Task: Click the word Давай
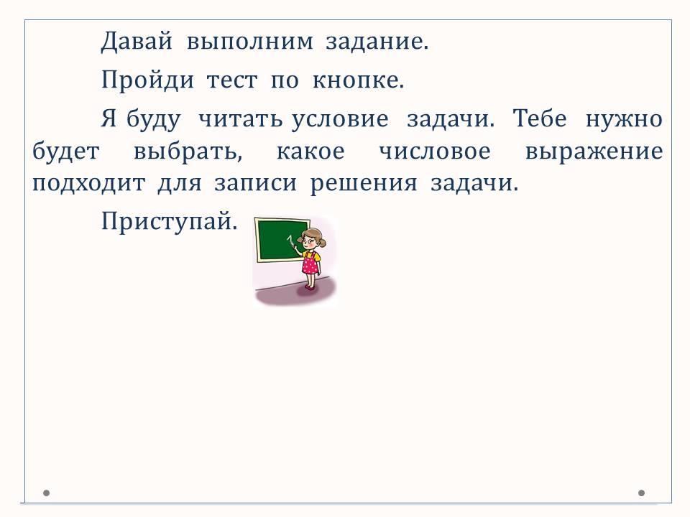137,42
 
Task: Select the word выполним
250,42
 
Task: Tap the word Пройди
147,80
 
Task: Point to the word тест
232,81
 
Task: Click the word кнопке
358,80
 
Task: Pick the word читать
240,119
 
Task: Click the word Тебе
540,118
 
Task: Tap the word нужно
624,119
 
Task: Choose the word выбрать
188,152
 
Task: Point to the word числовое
435,152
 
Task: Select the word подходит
88,183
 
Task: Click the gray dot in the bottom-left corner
46,493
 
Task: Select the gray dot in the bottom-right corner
641,493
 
